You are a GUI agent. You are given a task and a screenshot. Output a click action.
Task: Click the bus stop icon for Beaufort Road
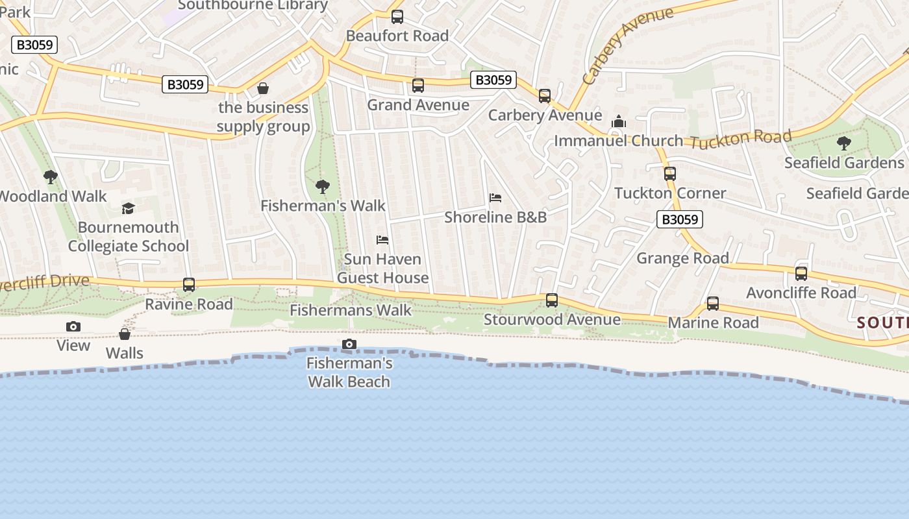tap(397, 17)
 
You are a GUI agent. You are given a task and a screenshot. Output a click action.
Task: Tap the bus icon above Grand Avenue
tap(418, 86)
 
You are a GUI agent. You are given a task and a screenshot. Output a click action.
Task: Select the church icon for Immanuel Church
tap(619, 122)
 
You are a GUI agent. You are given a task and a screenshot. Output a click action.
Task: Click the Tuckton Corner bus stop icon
tap(670, 174)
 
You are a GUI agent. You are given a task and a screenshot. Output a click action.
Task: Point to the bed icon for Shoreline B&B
tap(495, 198)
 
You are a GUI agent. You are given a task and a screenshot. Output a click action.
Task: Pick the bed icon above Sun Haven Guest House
tap(382, 240)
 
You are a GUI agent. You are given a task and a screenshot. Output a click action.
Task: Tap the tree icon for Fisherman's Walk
tap(323, 187)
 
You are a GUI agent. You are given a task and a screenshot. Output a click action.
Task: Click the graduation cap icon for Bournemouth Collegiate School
tap(129, 208)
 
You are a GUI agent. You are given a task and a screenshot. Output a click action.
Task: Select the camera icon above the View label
tap(73, 326)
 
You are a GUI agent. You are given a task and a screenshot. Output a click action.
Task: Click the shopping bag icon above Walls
tap(125, 334)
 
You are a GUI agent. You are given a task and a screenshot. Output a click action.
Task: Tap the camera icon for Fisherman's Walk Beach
tap(349, 344)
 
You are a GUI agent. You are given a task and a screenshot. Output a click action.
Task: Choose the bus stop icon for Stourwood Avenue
tap(552, 300)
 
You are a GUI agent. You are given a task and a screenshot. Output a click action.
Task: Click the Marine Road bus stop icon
tap(713, 304)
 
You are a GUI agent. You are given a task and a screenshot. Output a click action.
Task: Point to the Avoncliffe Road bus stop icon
tap(801, 274)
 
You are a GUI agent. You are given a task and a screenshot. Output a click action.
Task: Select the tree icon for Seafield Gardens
tap(844, 143)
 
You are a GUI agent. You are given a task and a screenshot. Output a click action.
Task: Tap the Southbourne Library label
tap(253, 5)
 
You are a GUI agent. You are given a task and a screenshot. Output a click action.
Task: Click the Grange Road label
tap(682, 258)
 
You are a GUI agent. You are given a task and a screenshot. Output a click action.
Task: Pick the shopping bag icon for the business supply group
tap(263, 88)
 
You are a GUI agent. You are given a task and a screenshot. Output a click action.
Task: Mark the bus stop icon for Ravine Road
tap(189, 285)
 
